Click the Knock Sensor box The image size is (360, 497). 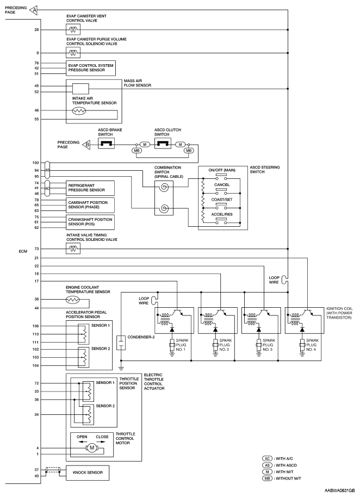click(x=88, y=473)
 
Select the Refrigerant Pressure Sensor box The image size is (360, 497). click(x=90, y=188)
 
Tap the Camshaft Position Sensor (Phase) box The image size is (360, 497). click(x=90, y=205)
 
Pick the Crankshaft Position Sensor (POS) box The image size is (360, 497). click(x=90, y=222)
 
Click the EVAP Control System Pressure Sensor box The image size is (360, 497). click(x=91, y=68)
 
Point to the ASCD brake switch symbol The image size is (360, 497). click(x=106, y=144)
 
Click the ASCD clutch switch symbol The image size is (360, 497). click(x=163, y=144)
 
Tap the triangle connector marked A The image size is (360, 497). click(x=34, y=10)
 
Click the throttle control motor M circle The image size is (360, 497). click(x=92, y=448)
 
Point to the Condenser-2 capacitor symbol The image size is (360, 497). click(x=121, y=343)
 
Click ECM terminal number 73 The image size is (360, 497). click(x=36, y=249)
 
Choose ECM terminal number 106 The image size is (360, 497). click(x=35, y=326)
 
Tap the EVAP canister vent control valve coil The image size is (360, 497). click(x=73, y=30)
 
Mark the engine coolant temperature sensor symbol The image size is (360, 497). click(x=73, y=300)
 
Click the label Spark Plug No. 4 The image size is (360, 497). click(x=311, y=345)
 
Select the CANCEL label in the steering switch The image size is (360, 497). click(x=222, y=185)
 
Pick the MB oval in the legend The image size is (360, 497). click(x=267, y=479)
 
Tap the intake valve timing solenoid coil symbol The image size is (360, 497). click(x=73, y=249)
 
